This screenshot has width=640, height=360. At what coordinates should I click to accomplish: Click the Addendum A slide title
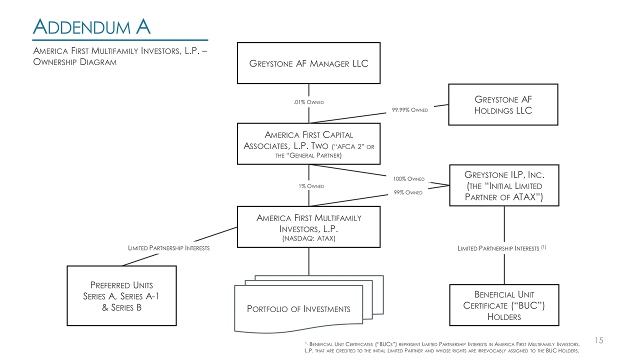(91, 26)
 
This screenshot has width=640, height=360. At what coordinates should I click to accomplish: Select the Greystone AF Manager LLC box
(308, 63)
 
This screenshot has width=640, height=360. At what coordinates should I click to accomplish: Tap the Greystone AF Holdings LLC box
(503, 104)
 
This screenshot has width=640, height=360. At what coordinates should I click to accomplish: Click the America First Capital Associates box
(308, 144)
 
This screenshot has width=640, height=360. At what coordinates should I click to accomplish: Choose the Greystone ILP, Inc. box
(504, 185)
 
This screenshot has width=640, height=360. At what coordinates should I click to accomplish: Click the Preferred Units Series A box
(121, 296)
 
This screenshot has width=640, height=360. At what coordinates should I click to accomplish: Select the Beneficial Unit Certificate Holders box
(504, 305)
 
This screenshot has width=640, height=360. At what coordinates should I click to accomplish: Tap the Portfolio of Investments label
(298, 308)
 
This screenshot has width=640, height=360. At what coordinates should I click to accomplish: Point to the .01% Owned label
(308, 102)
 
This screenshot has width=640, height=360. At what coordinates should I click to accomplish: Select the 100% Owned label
(408, 179)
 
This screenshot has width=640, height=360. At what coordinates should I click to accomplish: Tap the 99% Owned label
(408, 192)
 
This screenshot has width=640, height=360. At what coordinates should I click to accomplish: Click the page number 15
(599, 340)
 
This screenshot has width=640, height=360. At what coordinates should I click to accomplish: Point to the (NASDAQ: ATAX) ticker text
(308, 238)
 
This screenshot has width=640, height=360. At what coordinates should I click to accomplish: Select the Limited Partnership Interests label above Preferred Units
(169, 248)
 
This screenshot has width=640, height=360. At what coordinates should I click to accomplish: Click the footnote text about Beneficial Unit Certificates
(442, 347)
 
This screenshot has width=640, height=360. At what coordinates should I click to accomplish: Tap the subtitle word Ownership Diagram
(74, 62)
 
